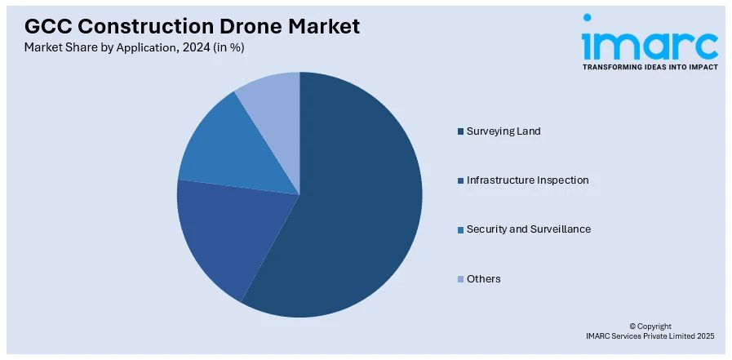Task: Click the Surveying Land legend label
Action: [503, 131]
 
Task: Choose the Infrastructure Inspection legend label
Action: [527, 180]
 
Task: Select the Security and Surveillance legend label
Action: [528, 229]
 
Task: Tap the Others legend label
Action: [483, 279]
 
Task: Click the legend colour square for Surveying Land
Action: [460, 131]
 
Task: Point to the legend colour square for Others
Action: [460, 279]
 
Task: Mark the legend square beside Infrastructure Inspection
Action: [460, 180]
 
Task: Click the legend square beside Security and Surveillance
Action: [460, 229]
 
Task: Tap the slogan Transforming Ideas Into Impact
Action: [650, 67]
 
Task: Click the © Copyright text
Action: [650, 326]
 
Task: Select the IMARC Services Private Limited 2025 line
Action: [650, 336]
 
